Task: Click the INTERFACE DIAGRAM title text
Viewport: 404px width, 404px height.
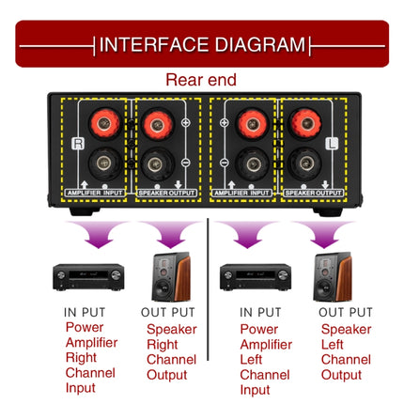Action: pyautogui.click(x=202, y=44)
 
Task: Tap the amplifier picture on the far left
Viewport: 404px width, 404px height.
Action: pyautogui.click(x=88, y=277)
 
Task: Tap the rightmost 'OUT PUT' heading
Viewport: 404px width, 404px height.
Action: pyautogui.click(x=346, y=312)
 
